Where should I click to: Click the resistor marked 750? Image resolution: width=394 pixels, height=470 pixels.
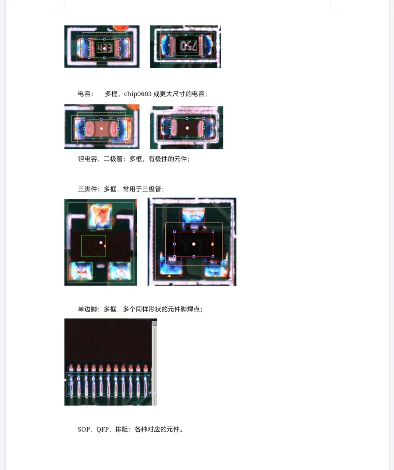(x=186, y=45)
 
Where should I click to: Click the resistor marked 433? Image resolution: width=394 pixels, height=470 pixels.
(x=104, y=48)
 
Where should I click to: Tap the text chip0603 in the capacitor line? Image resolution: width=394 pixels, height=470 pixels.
(x=138, y=94)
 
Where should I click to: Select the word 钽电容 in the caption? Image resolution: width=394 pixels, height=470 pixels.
(x=88, y=159)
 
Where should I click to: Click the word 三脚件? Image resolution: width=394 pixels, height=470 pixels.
(x=88, y=189)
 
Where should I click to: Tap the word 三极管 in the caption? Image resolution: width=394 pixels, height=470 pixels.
(x=152, y=189)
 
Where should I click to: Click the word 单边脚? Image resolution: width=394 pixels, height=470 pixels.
(x=88, y=309)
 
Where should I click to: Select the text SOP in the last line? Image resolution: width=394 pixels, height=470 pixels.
(x=84, y=430)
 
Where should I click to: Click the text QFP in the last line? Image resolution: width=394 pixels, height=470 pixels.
(x=103, y=430)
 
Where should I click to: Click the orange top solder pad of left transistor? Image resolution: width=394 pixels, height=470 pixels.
(x=100, y=216)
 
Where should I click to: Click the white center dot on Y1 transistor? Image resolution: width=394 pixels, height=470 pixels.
(x=193, y=244)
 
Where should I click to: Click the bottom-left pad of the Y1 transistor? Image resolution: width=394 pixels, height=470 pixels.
(x=169, y=268)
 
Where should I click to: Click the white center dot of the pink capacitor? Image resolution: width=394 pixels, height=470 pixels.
(x=101, y=128)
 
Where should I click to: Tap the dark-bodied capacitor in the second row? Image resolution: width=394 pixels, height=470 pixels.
(x=187, y=128)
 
